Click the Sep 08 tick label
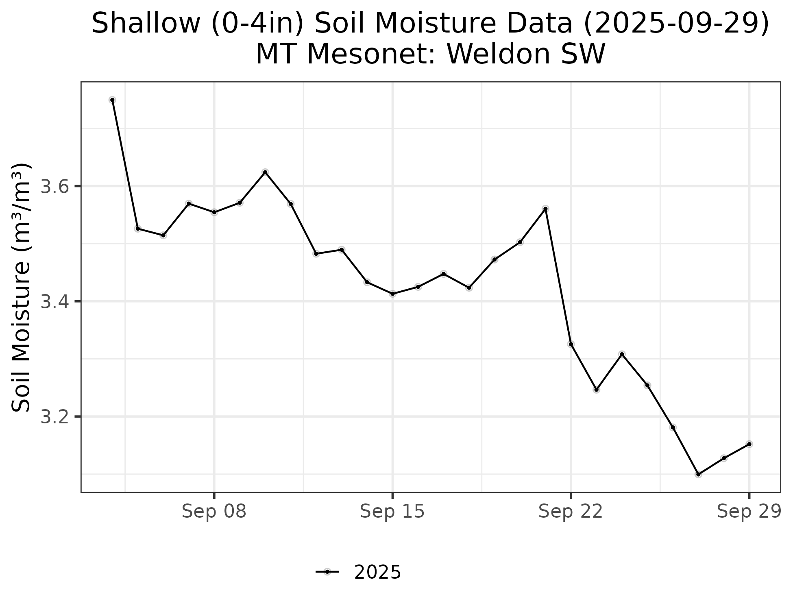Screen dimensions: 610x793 pos(214,512)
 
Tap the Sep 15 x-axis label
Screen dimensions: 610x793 pos(392,512)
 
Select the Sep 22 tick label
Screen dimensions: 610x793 pos(570,512)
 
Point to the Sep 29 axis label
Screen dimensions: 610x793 pos(749,512)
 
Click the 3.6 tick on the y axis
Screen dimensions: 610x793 pos(55,187)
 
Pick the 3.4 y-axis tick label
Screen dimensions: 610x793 pos(55,302)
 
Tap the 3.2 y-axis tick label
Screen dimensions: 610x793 pos(55,417)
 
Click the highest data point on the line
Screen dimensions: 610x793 pos(112,100)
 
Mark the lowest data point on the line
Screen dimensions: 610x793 pos(698,474)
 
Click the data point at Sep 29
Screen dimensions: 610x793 pos(749,444)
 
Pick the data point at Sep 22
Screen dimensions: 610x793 pos(571,344)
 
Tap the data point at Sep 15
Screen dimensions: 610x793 pos(392,294)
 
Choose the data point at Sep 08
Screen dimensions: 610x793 pos(214,212)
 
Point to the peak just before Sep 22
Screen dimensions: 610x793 pos(545,209)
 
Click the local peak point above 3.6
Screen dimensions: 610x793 pos(265,172)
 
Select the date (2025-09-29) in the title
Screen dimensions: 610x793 pos(676,24)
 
